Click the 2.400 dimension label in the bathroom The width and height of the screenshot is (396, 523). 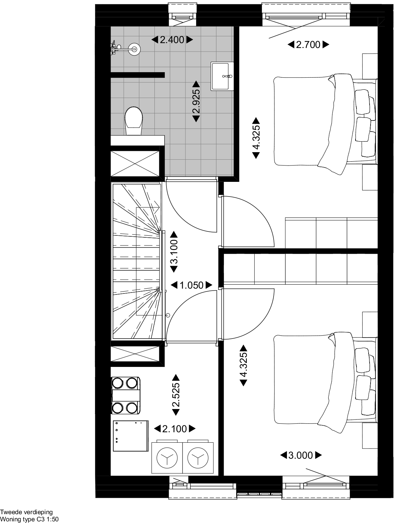pos(172,40)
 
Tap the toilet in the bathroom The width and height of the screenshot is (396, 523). pos(134,121)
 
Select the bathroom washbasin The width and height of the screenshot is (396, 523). pos(222,76)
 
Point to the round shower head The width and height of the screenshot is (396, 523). pos(135,49)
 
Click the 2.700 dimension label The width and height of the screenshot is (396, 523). pos(308,44)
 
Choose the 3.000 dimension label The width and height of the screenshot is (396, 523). pos(301,455)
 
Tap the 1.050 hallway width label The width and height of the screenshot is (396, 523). pos(192,285)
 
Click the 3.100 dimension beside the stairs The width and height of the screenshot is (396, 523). pos(174,252)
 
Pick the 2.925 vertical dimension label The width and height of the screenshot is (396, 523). pos(196,102)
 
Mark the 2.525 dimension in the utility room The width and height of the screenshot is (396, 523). pos(176,395)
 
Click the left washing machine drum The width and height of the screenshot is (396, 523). pos(167,458)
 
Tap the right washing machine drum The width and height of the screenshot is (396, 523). pos(198,458)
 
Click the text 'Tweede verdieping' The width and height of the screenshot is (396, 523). pos(26,512)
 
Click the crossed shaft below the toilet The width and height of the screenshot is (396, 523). pos(135,164)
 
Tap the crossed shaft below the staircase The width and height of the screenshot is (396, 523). pos(135,354)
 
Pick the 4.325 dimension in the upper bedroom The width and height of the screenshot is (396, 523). pos(256,138)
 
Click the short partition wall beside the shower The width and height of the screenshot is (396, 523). pos(138,75)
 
